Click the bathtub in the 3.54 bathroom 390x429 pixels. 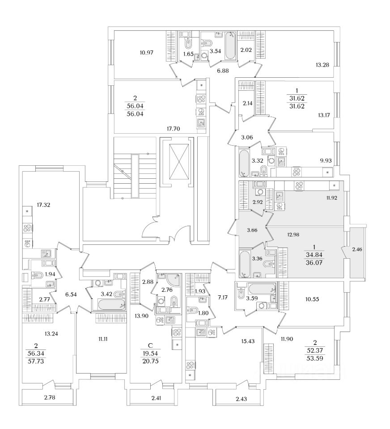pyautogui.click(x=230, y=45)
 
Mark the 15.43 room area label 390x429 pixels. pyautogui.click(x=236, y=341)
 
